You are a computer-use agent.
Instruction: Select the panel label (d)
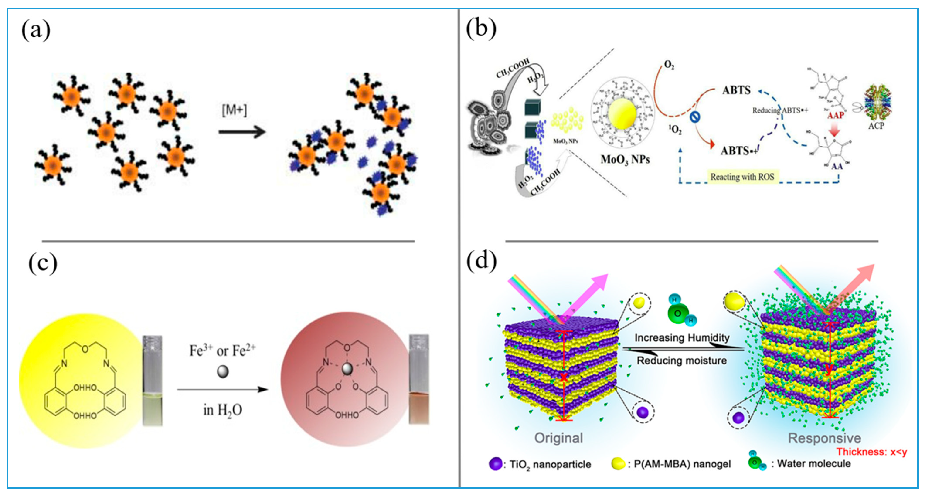pos(481,261)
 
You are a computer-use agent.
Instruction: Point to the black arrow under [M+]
pos(242,132)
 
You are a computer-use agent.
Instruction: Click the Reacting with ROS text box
pos(742,177)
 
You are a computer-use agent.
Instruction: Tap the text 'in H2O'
pos(223,410)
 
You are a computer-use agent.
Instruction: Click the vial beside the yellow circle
pos(153,380)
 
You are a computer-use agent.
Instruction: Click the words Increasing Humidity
pos(682,338)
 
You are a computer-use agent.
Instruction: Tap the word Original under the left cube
pos(558,438)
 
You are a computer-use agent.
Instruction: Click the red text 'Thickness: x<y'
pos(872,452)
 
